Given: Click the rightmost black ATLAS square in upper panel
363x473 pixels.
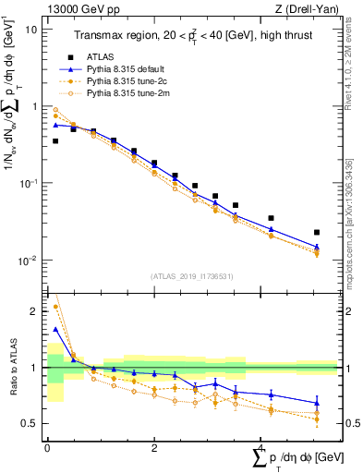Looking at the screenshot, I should coord(317,232).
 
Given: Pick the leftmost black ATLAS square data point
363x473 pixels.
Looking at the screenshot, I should coord(55,141).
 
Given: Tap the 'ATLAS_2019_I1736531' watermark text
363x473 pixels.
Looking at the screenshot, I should coord(191,275).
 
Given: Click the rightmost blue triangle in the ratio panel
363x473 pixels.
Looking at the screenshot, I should coord(317,402).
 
